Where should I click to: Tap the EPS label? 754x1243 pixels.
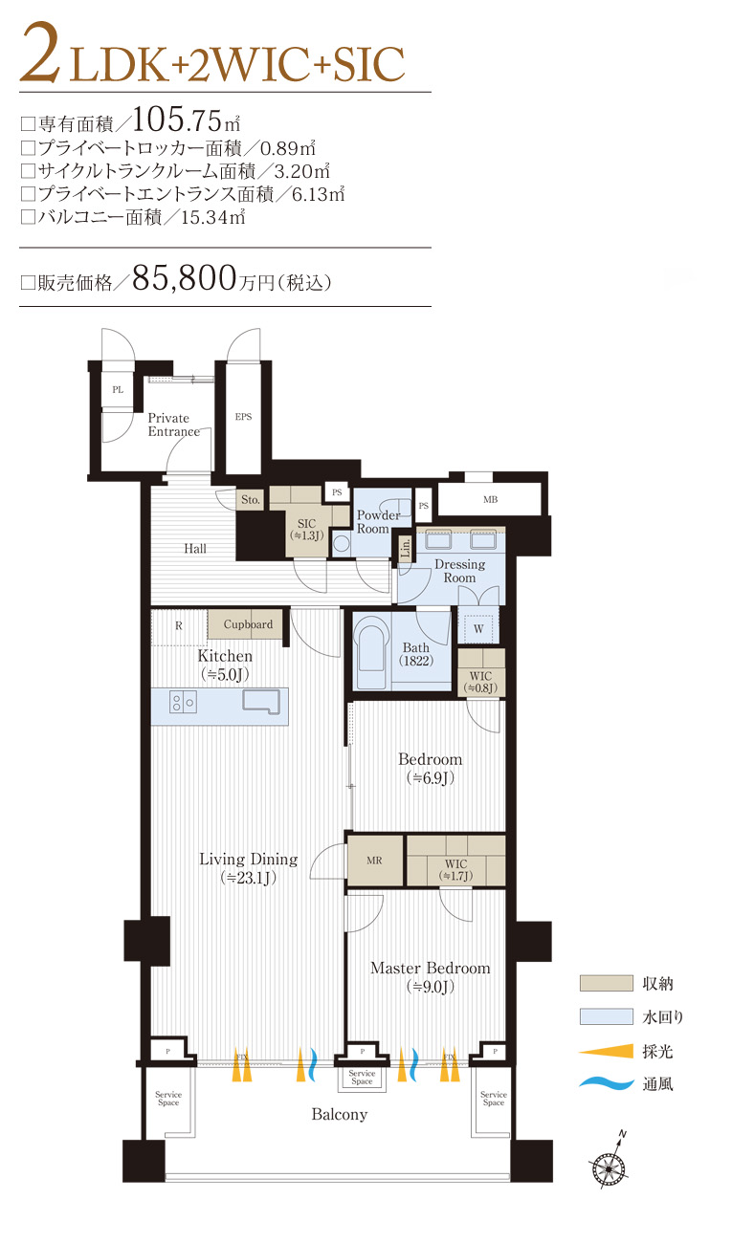(243, 417)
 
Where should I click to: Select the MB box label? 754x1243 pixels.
(490, 500)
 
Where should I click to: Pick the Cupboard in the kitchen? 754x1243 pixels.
(248, 624)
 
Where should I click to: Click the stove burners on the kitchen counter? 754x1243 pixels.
(182, 703)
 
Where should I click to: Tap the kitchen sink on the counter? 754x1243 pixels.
(261, 703)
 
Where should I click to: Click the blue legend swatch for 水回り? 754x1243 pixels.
(606, 1016)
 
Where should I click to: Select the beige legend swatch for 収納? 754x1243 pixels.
(606, 983)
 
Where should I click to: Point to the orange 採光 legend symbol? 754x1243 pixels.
(606, 1051)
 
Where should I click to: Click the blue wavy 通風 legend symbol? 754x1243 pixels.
(606, 1084)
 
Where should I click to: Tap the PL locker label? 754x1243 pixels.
(118, 390)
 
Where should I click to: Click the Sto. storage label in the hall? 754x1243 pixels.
(250, 499)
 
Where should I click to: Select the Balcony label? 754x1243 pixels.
(339, 1115)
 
